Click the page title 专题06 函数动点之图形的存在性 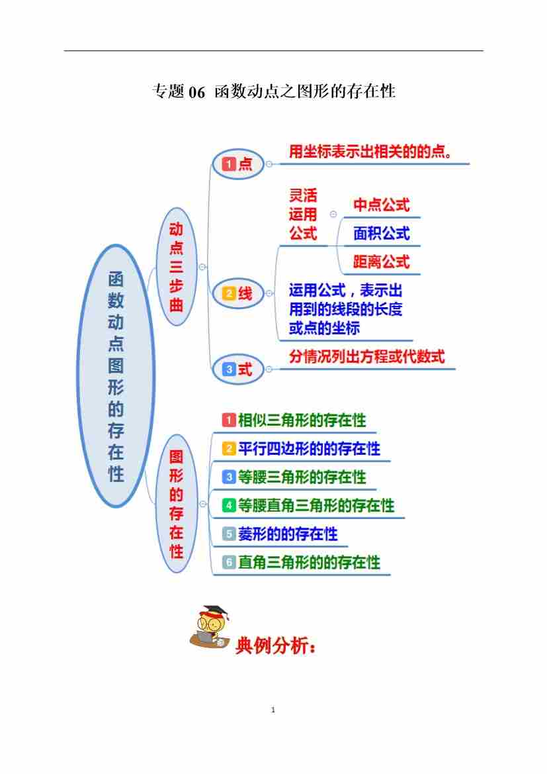point(274,91)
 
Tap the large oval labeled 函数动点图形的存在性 point(116,376)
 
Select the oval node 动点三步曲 point(176,267)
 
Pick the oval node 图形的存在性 point(176,504)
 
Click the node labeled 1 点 point(237,164)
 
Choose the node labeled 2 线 point(237,293)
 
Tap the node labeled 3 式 point(237,369)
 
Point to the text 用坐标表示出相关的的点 point(370,152)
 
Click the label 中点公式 point(381,205)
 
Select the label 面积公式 point(381,234)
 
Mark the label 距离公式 point(381,262)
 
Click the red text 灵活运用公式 point(303,214)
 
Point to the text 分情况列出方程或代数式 point(367,357)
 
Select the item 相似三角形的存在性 point(302,420)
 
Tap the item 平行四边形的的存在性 point(309,449)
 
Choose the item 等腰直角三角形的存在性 point(316,506)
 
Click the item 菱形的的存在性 point(288,534)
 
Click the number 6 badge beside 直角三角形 point(229,563)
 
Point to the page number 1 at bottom point(273,710)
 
